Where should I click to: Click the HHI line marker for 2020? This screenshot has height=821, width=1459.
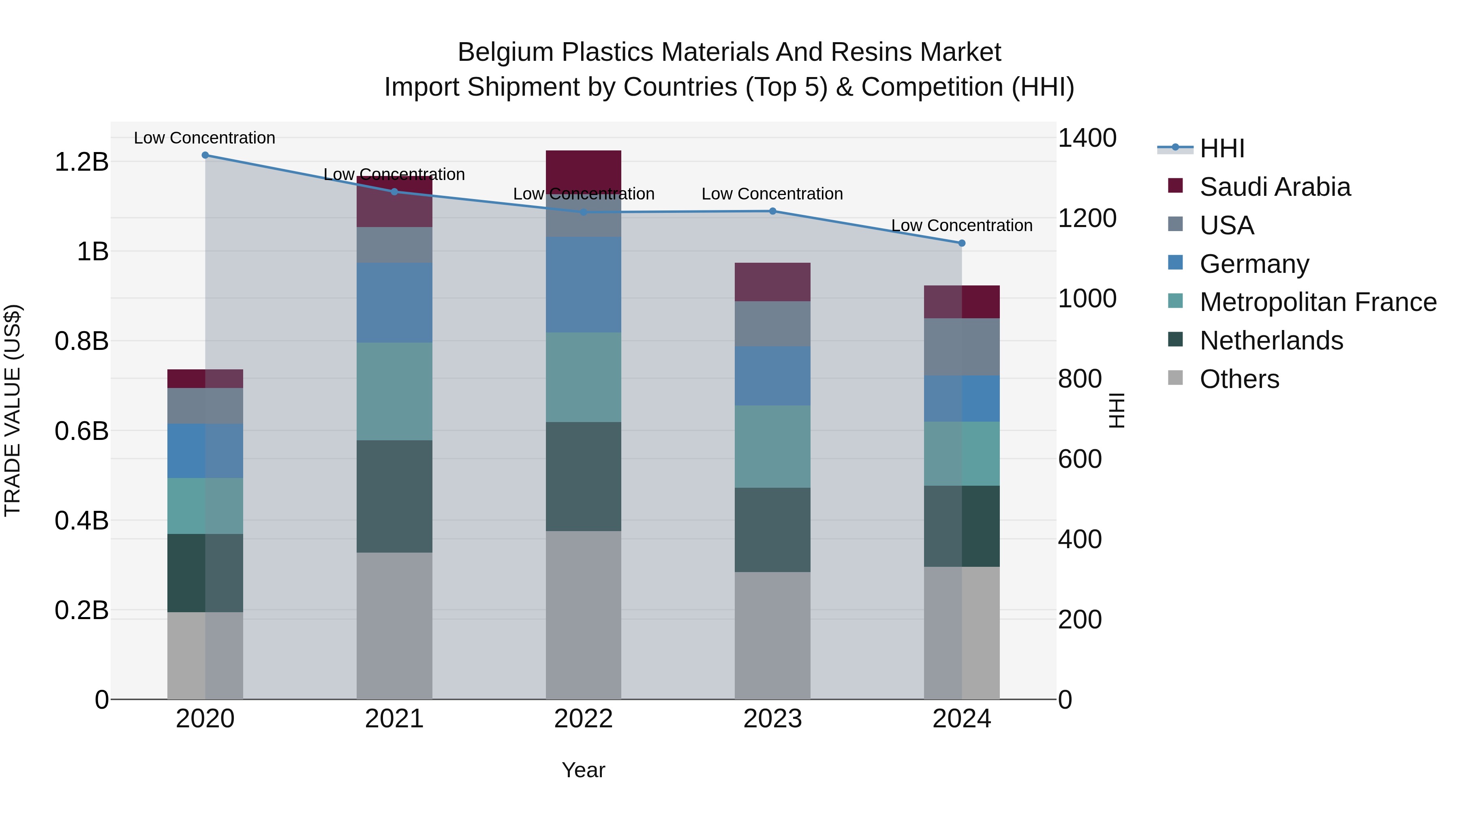pos(205,155)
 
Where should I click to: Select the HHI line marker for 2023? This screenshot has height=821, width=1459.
pos(772,211)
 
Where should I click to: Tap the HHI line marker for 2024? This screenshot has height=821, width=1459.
pos(962,243)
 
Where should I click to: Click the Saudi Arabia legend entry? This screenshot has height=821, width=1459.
pos(1274,187)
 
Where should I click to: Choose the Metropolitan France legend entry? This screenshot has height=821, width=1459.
pos(1318,302)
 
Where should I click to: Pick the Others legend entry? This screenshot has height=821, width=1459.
pos(1239,379)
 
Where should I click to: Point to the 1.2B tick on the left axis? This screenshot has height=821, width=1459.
pos(81,162)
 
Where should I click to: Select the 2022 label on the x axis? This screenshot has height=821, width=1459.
pos(583,719)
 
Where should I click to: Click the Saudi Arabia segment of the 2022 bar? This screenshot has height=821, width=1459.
pos(583,170)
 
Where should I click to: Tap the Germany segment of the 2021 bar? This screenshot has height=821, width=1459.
pos(394,302)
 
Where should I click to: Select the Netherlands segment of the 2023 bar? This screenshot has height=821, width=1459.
pos(772,530)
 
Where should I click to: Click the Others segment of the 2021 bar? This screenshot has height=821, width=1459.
pos(394,626)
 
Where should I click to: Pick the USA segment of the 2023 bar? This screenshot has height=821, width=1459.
pos(772,324)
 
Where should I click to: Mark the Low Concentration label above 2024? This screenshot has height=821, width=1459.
pos(962,225)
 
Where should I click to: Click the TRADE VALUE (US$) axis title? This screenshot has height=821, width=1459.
pos(13,410)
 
